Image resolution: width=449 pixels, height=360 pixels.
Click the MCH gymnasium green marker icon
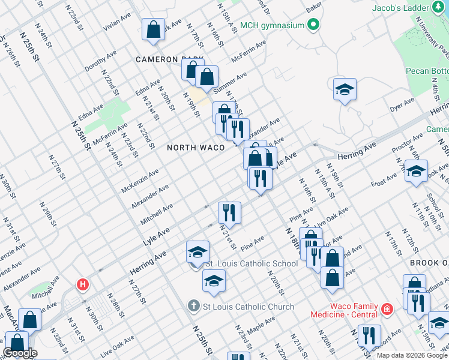(x=313, y=25)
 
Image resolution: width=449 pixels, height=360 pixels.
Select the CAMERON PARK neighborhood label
(x=169, y=59)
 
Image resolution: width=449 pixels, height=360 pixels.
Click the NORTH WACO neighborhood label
(x=196, y=147)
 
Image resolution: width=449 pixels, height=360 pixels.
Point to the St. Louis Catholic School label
(x=252, y=263)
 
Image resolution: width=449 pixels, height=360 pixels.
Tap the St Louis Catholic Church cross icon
(x=193, y=307)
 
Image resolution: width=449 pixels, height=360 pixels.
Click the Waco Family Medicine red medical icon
(x=388, y=310)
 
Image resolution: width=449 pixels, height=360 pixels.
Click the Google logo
(x=20, y=353)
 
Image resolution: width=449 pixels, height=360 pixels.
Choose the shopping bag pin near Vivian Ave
(x=154, y=29)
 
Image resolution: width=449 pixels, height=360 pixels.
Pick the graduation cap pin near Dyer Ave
(x=345, y=89)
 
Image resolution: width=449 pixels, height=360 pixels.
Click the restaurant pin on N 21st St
(x=229, y=212)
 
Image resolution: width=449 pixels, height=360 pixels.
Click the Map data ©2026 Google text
(x=411, y=355)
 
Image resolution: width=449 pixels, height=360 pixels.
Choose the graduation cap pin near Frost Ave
(x=416, y=171)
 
